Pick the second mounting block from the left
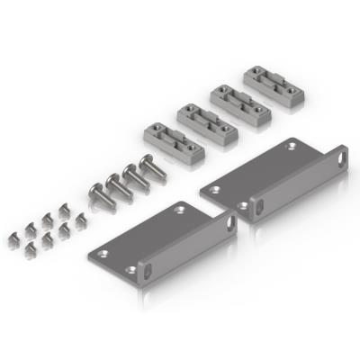pos(205,121)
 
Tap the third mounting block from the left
pos(238,103)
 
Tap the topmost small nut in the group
pos(64,210)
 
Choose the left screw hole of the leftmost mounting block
pos(157,133)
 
